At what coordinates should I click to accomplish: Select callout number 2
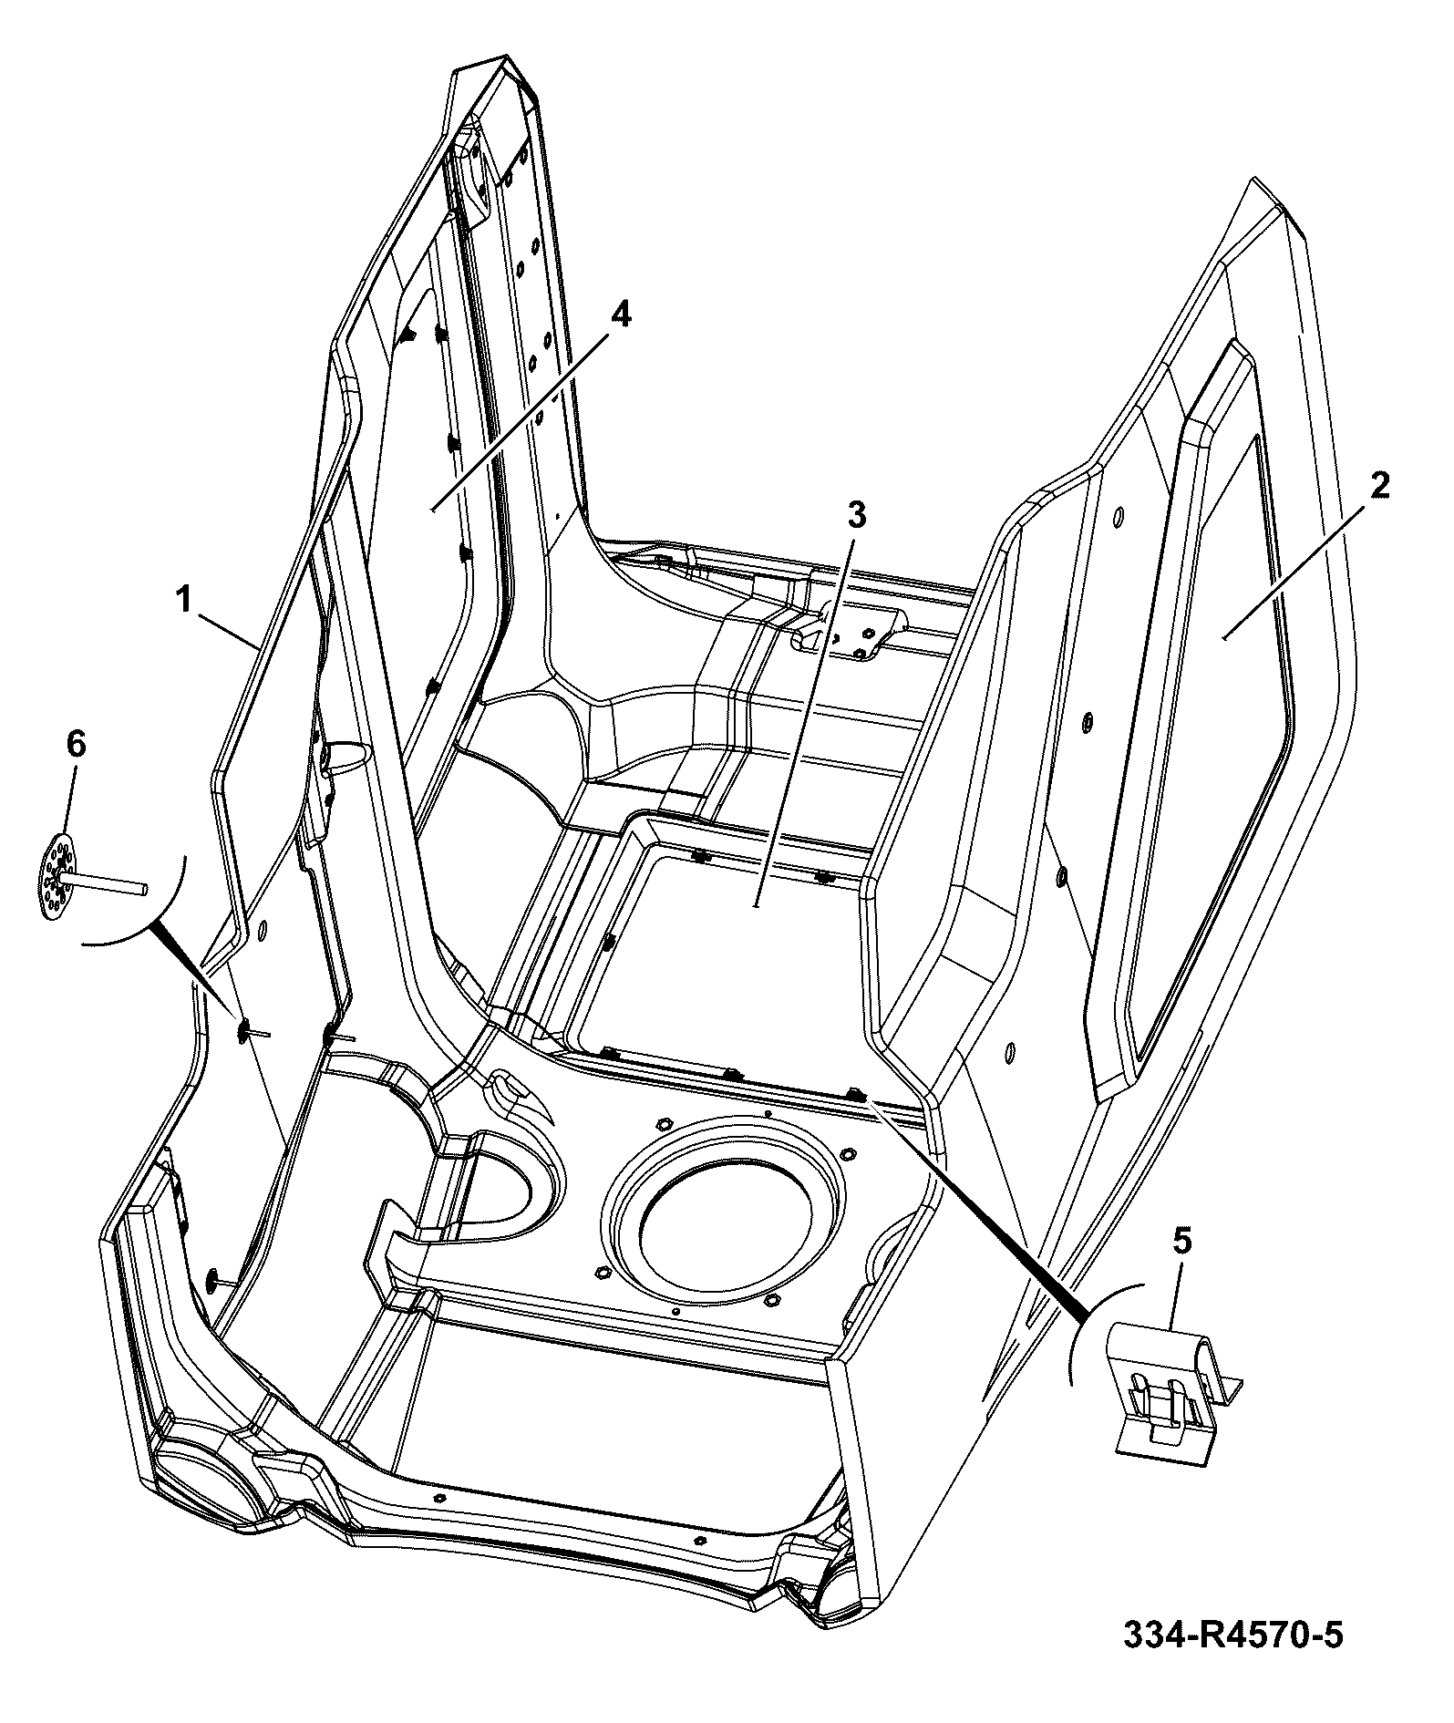click(x=1380, y=486)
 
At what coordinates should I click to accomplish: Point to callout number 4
click(x=619, y=315)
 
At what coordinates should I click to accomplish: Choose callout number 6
click(x=76, y=745)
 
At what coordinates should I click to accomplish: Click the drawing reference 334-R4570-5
click(x=1233, y=1635)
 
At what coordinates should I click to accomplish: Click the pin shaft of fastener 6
click(x=107, y=881)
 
